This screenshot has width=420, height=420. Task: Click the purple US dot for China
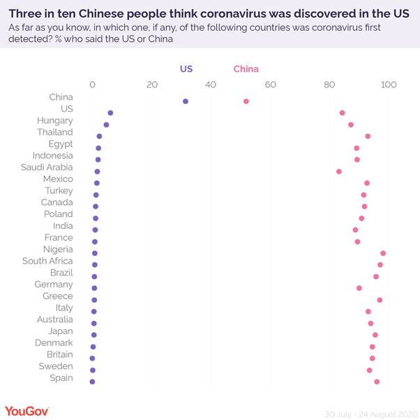tap(186, 101)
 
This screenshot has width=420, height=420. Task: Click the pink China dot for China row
tap(246, 101)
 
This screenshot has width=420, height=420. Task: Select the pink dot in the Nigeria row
tap(383, 253)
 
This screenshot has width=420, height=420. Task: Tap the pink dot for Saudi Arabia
tap(339, 171)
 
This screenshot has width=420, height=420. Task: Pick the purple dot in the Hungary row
tap(106, 124)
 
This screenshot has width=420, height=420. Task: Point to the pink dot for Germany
tap(359, 287)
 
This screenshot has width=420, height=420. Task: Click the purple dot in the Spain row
tap(92, 382)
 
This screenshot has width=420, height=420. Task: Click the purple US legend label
tap(186, 69)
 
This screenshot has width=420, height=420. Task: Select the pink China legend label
tap(246, 69)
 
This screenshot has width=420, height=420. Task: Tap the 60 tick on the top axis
tap(271, 84)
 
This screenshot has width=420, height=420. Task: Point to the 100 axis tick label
tap(389, 84)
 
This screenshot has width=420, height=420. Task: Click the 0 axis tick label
tap(93, 84)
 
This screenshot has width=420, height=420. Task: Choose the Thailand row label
tap(55, 132)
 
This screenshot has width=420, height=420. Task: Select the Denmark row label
tap(54, 343)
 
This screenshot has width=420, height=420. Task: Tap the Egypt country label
tap(61, 144)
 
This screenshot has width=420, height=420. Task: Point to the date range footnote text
tap(366, 412)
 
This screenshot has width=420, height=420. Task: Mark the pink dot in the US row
tap(342, 112)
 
